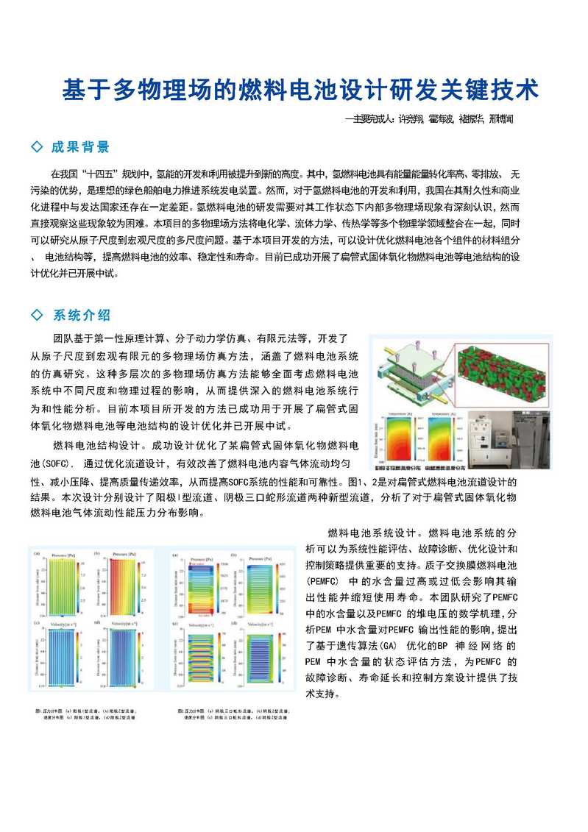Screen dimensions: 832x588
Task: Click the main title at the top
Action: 300,90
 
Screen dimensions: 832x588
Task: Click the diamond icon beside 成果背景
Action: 37,146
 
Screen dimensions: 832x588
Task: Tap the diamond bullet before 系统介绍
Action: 37,316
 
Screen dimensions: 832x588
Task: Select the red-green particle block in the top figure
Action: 503,375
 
